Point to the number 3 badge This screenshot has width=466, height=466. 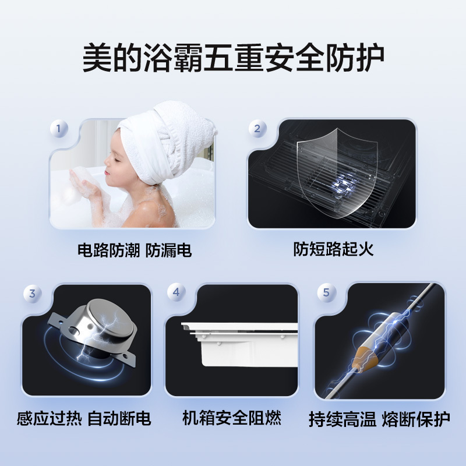[x=32, y=294]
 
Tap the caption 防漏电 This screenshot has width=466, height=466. [x=169, y=251]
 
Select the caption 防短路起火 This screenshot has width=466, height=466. [x=333, y=250]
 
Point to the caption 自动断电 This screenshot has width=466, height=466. [x=119, y=418]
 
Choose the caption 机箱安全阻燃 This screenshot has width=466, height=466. [x=232, y=418]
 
